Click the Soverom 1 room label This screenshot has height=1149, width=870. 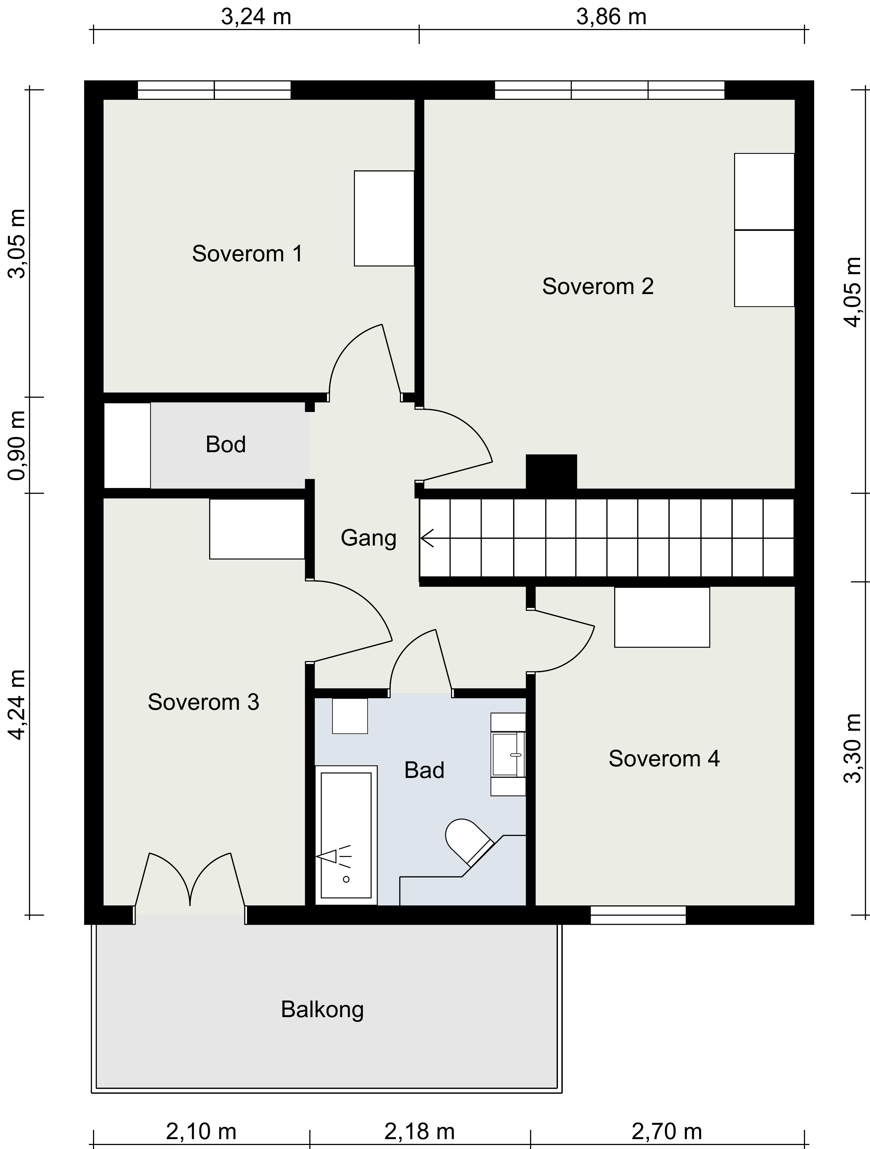point(247,254)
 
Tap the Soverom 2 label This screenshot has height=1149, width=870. point(598,286)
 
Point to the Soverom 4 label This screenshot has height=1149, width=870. point(664,759)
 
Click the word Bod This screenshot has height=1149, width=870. point(226,445)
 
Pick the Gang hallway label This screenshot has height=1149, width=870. point(368,538)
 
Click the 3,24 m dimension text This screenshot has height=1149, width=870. point(256,17)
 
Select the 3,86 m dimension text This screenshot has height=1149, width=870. point(611,17)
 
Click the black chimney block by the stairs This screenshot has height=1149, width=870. point(551,472)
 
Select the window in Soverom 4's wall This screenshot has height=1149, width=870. point(638,915)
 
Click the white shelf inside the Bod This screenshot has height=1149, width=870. point(127,445)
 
